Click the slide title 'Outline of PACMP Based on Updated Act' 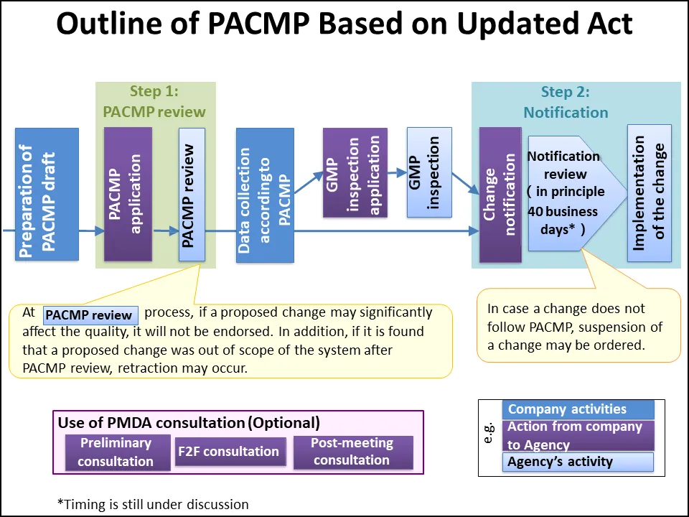coord(344,24)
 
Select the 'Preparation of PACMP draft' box coord(47,194)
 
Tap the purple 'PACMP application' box coord(128,194)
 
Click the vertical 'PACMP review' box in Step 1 coord(192,195)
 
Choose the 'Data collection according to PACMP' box coord(265,195)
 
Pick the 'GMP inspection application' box coord(355,172)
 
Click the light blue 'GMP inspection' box coord(429,172)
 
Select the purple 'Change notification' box coord(500,195)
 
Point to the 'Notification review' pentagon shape coord(563,192)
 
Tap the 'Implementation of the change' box coord(649,193)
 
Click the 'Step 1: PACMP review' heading coord(154,101)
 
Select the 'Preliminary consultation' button coord(116,452)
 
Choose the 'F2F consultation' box coord(228,452)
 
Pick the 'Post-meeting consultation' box coord(352,452)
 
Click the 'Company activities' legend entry coord(578,410)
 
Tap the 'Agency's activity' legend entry coord(578,462)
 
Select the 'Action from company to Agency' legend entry coord(578,435)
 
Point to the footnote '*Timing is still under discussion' coord(153,503)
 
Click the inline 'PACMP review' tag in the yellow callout coord(90,315)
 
